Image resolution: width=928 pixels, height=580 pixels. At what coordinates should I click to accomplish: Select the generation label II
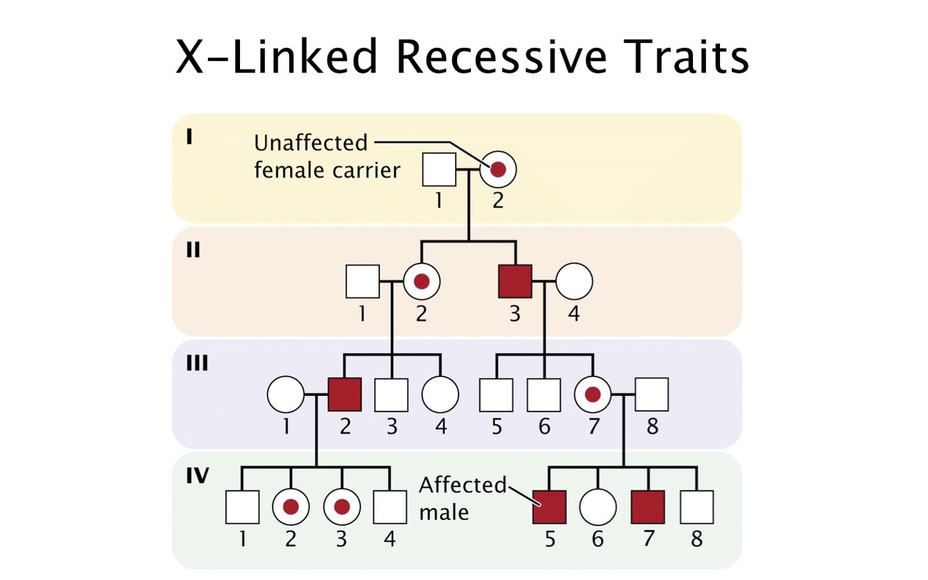(x=192, y=250)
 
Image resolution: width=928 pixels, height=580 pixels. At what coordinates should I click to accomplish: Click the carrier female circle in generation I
(x=498, y=170)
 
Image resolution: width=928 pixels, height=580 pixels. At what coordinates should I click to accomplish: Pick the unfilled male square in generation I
(x=440, y=170)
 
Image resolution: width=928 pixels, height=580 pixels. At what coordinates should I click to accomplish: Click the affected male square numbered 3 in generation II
(x=515, y=282)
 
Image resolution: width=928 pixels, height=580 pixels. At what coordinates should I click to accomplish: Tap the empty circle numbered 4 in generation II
(x=574, y=282)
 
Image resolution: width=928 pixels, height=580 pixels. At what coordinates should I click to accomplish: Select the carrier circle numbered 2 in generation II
(x=421, y=282)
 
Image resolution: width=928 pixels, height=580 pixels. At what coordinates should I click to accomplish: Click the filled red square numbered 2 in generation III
(x=345, y=395)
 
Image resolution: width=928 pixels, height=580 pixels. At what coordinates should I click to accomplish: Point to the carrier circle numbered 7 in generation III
(x=593, y=395)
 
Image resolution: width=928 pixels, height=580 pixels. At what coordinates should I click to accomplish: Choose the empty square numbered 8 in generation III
(x=652, y=395)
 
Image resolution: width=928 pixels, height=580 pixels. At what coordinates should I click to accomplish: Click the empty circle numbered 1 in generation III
(x=285, y=395)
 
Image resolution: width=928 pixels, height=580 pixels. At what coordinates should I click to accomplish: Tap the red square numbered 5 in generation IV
(x=550, y=507)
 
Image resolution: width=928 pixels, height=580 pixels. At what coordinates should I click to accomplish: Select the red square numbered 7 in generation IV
(x=648, y=507)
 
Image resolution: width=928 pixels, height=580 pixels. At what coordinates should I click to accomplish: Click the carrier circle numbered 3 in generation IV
(x=342, y=507)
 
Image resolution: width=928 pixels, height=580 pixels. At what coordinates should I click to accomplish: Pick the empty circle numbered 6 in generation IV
(x=598, y=507)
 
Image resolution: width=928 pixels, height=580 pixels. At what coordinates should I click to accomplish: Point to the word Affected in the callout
(x=463, y=485)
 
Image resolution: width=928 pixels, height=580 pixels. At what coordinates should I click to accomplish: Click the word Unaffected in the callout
(x=310, y=143)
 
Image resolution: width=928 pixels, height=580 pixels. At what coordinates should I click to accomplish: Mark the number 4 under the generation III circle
(x=440, y=426)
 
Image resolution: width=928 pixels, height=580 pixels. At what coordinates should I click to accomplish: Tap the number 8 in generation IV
(x=696, y=539)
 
